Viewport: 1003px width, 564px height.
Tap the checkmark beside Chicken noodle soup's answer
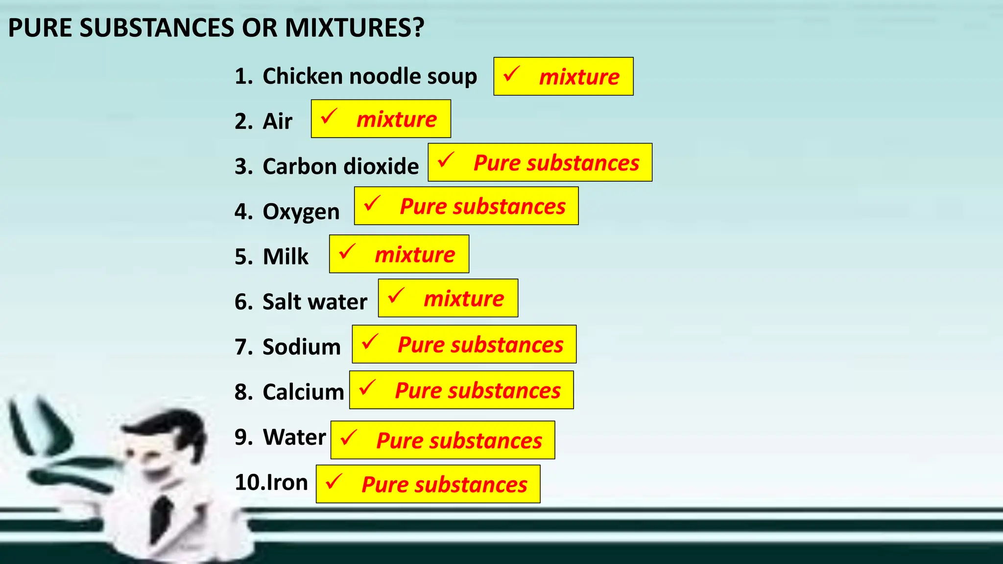point(511,74)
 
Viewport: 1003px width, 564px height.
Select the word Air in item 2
point(277,121)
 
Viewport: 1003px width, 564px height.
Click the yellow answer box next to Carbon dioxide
point(540,163)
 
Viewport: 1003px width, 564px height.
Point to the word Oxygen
point(301,211)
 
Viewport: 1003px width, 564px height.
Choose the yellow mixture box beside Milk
point(399,254)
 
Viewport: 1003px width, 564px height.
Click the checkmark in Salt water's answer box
point(395,296)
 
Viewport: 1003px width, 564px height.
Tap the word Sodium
point(301,347)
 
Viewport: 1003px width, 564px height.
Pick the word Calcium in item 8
point(303,392)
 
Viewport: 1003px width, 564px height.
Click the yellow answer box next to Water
point(442,440)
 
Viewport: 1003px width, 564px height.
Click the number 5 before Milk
point(243,257)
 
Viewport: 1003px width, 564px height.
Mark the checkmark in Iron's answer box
point(334,482)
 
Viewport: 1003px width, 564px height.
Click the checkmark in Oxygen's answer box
point(372,204)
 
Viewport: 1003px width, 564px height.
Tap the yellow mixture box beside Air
point(381,119)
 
